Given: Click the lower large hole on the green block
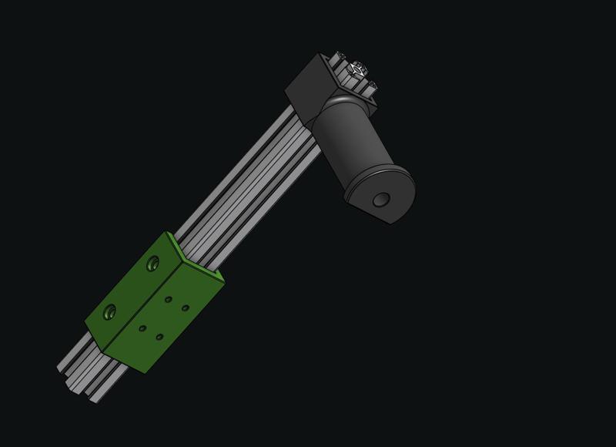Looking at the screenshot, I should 109,311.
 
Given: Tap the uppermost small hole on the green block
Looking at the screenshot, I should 169,299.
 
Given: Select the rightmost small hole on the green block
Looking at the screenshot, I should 186,308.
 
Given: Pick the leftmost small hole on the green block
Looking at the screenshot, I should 142,328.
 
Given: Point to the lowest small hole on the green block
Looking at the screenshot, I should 159,337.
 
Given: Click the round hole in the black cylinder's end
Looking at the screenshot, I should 380,200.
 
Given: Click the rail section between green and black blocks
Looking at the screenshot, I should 246,185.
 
